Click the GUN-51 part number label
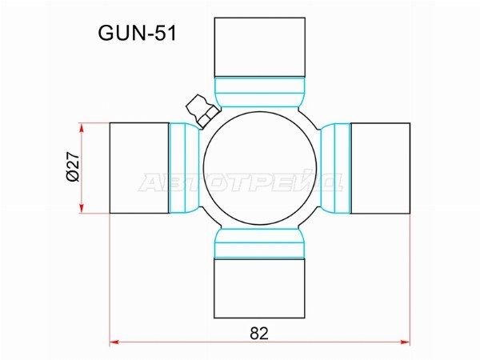click(137, 33)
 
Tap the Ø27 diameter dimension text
click(73, 168)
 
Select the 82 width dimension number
click(259, 334)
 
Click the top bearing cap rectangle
click(259, 47)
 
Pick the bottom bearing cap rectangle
click(259, 289)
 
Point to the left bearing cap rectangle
click(139, 168)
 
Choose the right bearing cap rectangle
click(380, 168)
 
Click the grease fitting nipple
click(202, 110)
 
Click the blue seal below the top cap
click(259, 92)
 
